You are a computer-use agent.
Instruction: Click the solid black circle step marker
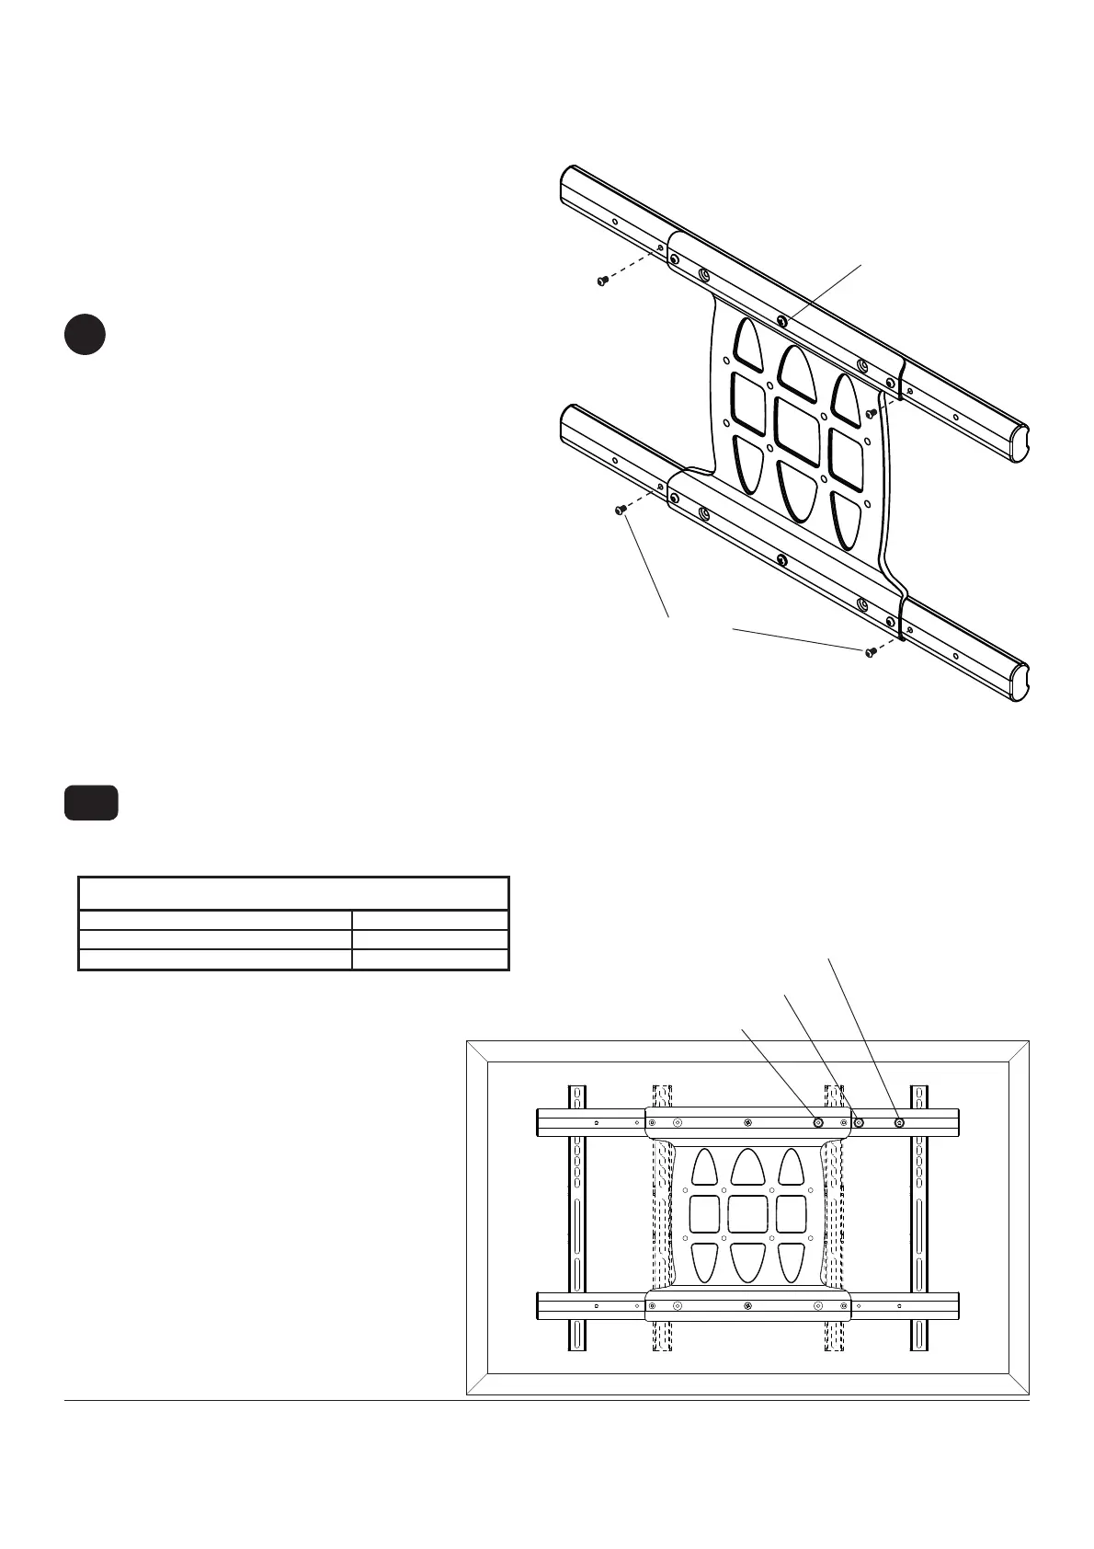tap(85, 335)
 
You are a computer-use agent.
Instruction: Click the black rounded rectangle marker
tap(91, 802)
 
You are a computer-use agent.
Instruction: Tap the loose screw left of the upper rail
tap(601, 280)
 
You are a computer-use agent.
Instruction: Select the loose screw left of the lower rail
tap(621, 509)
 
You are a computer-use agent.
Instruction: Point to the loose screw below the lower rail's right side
tap(869, 652)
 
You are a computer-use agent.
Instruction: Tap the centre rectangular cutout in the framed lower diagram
tap(746, 1213)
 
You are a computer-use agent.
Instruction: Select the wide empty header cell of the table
tap(293, 893)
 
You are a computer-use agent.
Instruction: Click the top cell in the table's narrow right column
tap(430, 920)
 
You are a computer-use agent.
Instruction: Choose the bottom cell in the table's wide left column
tap(215, 959)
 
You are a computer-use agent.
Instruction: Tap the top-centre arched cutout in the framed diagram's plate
tap(747, 1166)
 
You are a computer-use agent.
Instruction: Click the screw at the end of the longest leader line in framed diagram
tap(899, 1122)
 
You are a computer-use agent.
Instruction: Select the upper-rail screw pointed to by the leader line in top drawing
tap(781, 321)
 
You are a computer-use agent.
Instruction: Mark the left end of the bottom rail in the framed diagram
tap(542, 1305)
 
